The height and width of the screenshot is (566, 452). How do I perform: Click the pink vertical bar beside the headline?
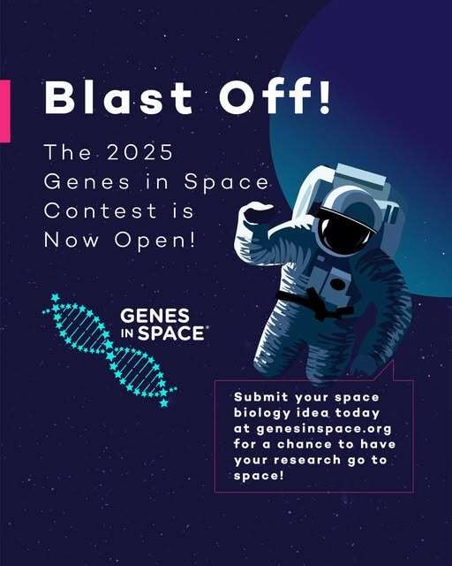tap(4, 110)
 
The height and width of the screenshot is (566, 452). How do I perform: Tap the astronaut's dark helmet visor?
tap(337, 229)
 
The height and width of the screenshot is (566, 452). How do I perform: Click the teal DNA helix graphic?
tap(109, 350)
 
